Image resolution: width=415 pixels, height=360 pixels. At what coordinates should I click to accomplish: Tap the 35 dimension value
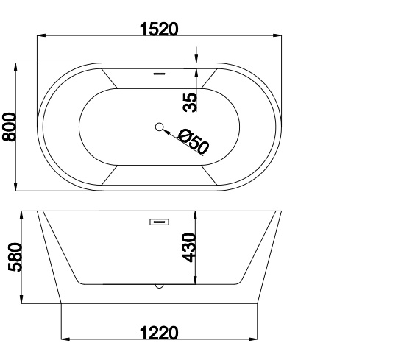point(190,102)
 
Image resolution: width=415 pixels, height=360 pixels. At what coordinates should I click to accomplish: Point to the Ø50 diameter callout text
point(194,141)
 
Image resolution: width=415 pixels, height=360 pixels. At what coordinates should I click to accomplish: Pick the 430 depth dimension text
point(189,247)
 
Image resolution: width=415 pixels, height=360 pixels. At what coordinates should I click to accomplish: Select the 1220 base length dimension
point(159,333)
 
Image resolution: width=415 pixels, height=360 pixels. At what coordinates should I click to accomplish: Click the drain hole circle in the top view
point(159,127)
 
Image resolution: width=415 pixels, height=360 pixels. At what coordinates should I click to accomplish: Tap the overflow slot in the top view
point(159,73)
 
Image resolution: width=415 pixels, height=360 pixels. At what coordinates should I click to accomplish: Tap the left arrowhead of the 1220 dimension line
point(64,339)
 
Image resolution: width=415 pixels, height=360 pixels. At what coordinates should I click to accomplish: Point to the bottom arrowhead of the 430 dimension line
point(196,283)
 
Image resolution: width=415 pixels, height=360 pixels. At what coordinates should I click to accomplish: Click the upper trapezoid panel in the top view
point(159,80)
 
